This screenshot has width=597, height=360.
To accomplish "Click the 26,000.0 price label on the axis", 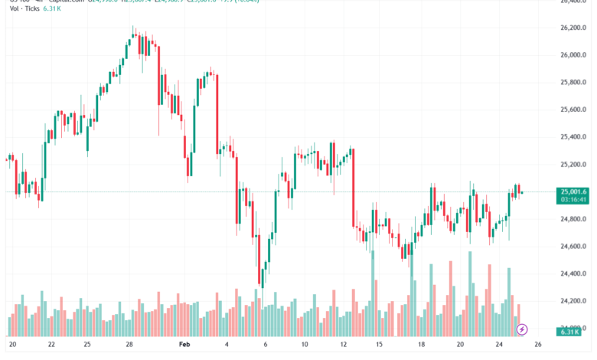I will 573,55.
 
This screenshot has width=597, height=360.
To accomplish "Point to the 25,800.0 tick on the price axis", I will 573,82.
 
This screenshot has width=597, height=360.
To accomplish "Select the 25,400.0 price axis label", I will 573,137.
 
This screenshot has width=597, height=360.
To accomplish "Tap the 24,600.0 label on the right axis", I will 573,247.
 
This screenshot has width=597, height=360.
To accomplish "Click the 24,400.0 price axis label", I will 573,273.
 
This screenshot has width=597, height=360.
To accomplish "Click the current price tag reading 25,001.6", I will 573,191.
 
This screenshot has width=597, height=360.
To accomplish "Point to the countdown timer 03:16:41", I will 573,199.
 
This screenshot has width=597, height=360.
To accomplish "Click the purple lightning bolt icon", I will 522,329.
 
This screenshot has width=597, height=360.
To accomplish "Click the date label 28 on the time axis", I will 130,345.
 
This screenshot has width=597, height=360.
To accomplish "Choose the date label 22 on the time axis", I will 51,345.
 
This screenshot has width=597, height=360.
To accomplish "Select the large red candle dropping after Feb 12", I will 353,188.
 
